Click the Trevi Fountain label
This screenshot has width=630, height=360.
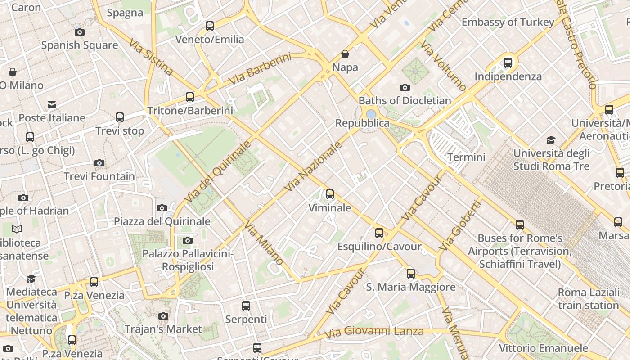[99, 176]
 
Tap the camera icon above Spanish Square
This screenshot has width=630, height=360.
[80, 32]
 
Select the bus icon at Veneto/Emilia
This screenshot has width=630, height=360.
[210, 26]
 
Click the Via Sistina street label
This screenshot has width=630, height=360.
[151, 57]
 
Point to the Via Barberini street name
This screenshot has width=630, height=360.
[260, 69]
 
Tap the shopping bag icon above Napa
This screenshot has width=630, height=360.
[345, 54]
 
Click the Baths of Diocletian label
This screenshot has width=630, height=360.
[405, 100]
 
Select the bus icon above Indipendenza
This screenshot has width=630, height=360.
[508, 63]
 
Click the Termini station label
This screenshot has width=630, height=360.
[466, 157]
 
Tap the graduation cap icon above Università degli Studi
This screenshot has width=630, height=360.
[551, 140]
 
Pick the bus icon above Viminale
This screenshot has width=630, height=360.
[330, 194]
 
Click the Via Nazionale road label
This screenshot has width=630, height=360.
[314, 166]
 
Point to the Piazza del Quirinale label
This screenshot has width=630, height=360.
[162, 221]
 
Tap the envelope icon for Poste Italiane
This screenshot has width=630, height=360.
[52, 105]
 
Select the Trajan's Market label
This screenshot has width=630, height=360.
[163, 329]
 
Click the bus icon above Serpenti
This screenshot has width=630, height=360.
[246, 306]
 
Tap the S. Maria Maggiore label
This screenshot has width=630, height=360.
[410, 287]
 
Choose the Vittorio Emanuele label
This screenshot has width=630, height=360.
[543, 348]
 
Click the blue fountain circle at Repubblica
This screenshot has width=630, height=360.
[371, 114]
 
